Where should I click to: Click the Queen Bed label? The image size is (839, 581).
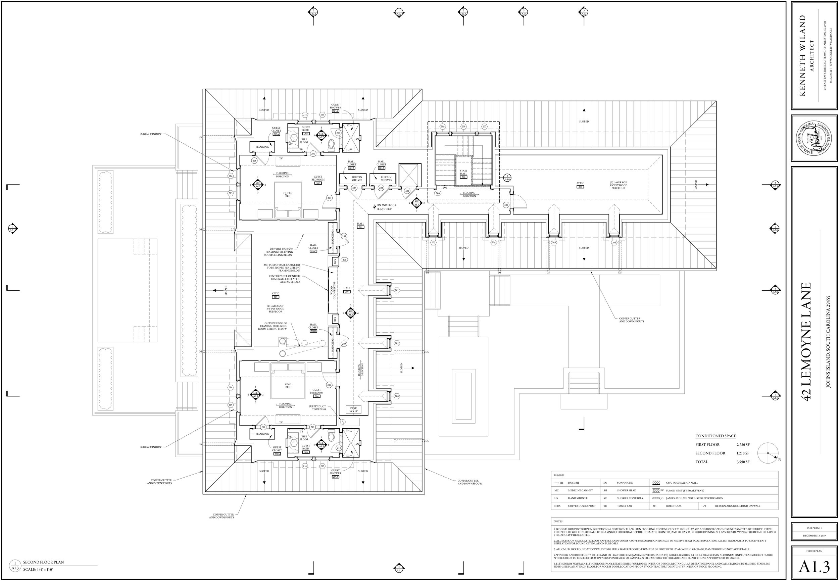tap(288, 195)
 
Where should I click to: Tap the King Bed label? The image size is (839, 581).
tap(288, 386)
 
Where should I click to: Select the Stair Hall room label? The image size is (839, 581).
tap(463, 172)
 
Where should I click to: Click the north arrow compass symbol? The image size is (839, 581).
tap(768, 453)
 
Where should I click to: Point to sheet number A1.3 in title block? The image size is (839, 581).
tap(814, 567)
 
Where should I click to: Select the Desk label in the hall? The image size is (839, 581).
tap(353, 410)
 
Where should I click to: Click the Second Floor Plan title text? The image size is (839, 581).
tap(43, 562)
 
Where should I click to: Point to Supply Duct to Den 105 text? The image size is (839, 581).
tap(317, 408)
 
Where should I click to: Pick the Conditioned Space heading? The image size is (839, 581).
tap(715, 436)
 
